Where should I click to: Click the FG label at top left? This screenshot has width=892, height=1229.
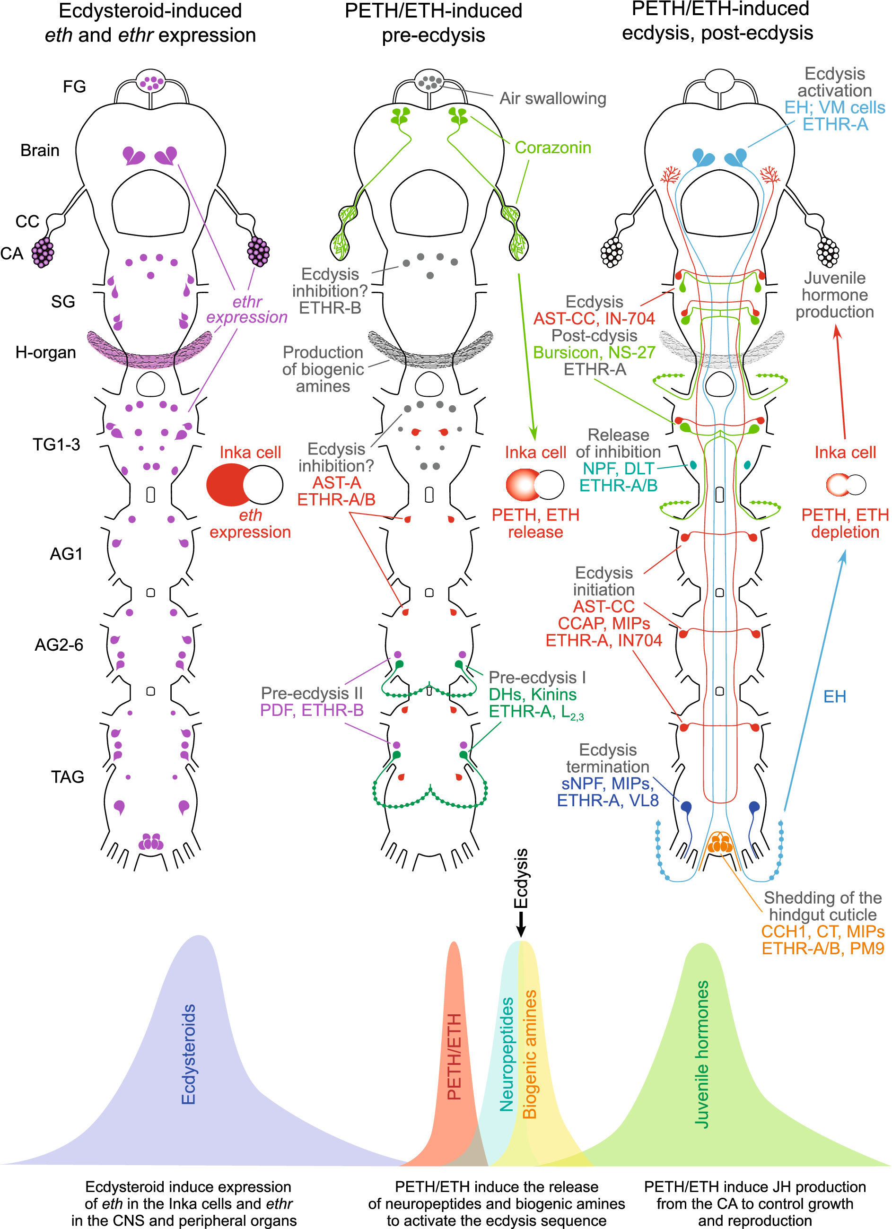coord(74,87)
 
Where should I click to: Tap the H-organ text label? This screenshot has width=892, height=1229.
coord(45,353)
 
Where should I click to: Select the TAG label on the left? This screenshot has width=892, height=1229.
coord(67,777)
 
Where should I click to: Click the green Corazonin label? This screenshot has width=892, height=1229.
coord(552,148)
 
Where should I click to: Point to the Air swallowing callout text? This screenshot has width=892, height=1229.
coord(552,99)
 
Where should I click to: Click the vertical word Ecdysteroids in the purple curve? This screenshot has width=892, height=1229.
coord(188,1054)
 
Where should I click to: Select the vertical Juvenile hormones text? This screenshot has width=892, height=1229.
coord(702,1054)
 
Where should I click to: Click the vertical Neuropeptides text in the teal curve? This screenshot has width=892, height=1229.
coord(506,1054)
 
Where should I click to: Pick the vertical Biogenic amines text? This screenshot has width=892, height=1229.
coord(529,1054)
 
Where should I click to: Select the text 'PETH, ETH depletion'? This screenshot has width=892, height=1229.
coord(845,523)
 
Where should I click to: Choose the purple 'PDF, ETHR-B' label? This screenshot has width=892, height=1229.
coord(312,710)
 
